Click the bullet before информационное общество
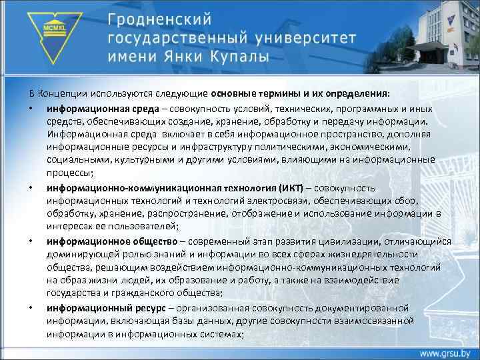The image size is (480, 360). click(31, 241)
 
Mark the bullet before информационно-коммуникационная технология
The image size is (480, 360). click(31, 188)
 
